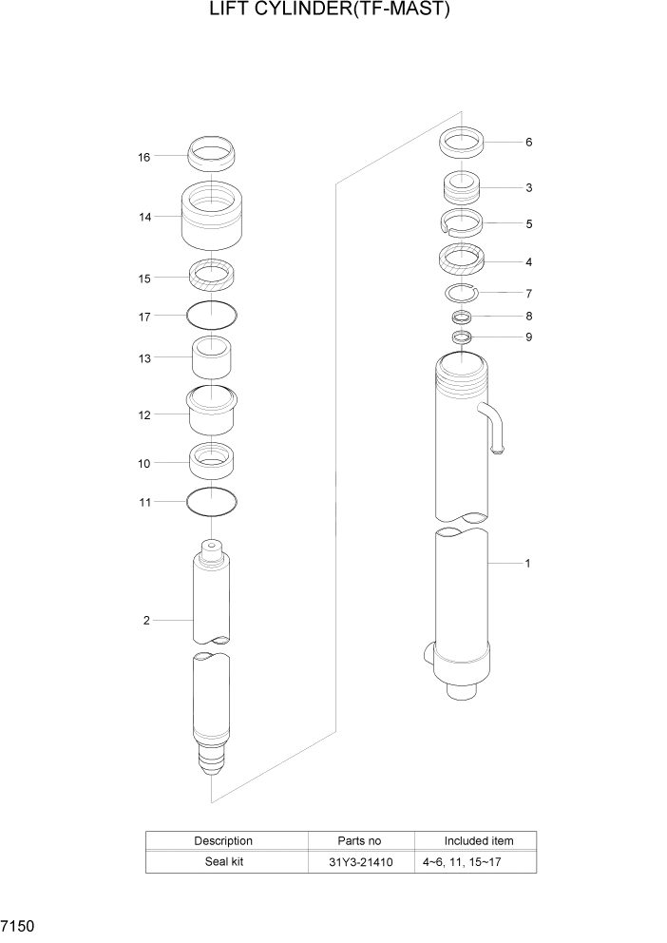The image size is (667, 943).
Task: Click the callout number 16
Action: (x=144, y=157)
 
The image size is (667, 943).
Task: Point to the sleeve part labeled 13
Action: (x=212, y=358)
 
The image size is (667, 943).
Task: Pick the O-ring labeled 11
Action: (x=212, y=500)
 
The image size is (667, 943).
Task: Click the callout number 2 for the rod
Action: (x=146, y=621)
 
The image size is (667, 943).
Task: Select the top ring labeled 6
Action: (x=464, y=144)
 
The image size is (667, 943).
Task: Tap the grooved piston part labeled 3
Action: (x=464, y=186)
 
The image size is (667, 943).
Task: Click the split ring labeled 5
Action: (x=464, y=223)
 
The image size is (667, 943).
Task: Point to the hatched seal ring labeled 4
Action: (x=464, y=259)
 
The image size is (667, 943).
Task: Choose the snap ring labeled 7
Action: (x=464, y=293)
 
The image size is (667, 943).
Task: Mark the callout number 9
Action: (x=528, y=337)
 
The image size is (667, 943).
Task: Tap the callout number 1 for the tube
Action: (x=527, y=564)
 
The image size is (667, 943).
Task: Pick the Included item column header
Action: (x=478, y=841)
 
